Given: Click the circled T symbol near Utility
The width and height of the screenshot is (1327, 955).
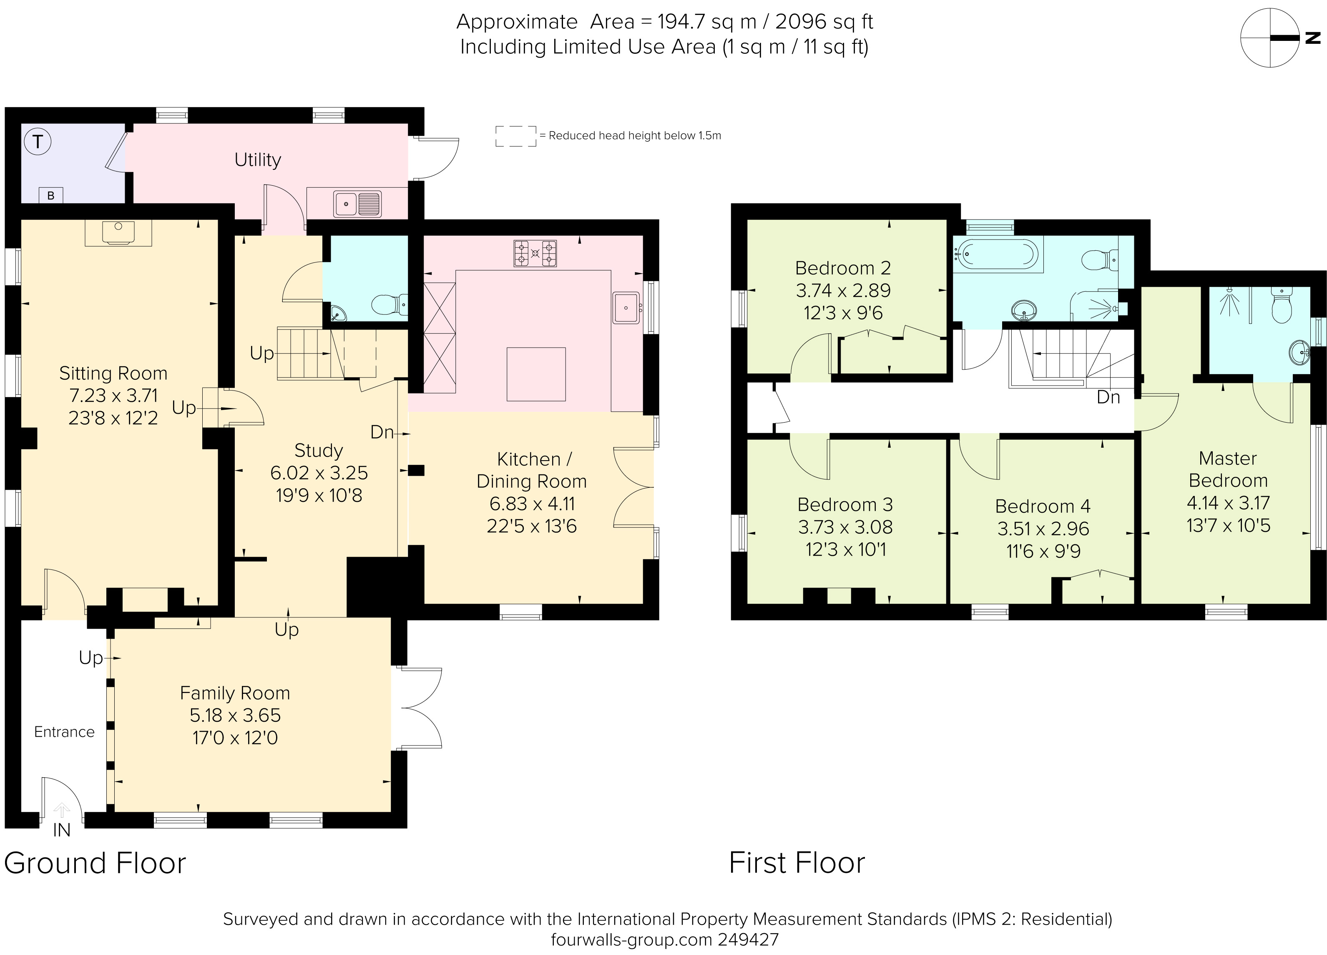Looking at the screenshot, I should pos(38,141).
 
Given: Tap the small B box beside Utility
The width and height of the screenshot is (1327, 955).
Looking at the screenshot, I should pos(51,195).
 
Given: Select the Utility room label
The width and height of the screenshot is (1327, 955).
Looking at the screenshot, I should pos(257,159).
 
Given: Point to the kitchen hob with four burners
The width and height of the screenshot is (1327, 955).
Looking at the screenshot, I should pos(535,253).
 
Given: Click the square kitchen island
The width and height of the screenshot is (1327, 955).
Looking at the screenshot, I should pos(536,374).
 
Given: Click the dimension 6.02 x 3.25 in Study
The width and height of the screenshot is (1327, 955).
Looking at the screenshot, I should pos(319,473).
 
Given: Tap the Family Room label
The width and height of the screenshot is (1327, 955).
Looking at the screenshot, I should pos(235,693).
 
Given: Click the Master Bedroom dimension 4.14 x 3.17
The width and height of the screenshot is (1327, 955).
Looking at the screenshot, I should pos(1227,503).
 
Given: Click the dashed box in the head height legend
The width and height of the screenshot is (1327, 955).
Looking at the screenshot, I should pos(515,136).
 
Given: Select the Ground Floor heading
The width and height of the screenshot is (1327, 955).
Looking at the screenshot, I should pos(95,863).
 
